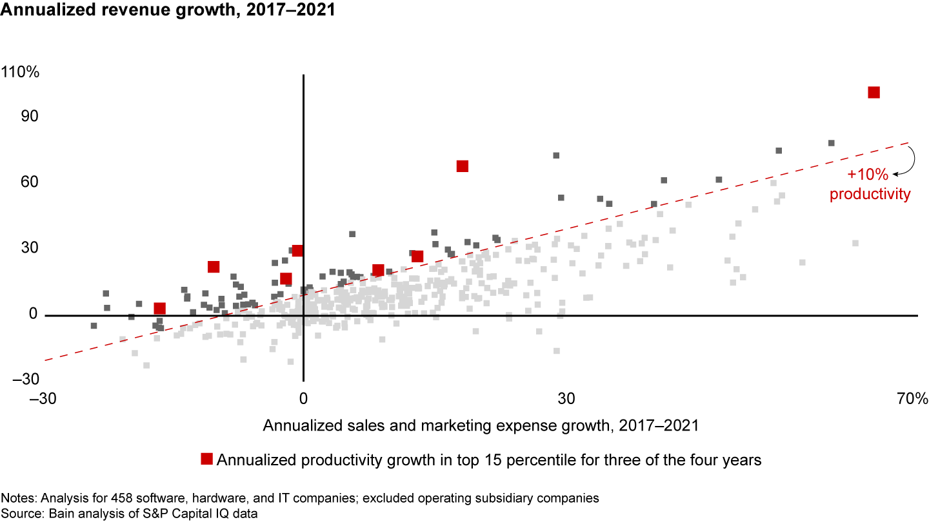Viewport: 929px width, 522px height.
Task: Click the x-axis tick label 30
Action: pyautogui.click(x=566, y=399)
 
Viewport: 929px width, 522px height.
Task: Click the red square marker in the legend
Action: pyautogui.click(x=206, y=459)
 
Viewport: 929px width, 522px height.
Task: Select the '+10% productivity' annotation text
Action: pyautogui.click(x=870, y=184)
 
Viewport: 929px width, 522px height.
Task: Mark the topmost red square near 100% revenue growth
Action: pyautogui.click(x=874, y=92)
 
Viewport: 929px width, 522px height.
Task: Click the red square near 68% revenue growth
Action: pyautogui.click(x=462, y=166)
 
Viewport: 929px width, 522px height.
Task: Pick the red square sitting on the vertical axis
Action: pyautogui.click(x=297, y=251)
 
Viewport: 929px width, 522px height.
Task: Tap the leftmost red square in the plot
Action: pyautogui.click(x=159, y=309)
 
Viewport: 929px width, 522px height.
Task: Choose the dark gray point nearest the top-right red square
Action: pyautogui.click(x=832, y=143)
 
